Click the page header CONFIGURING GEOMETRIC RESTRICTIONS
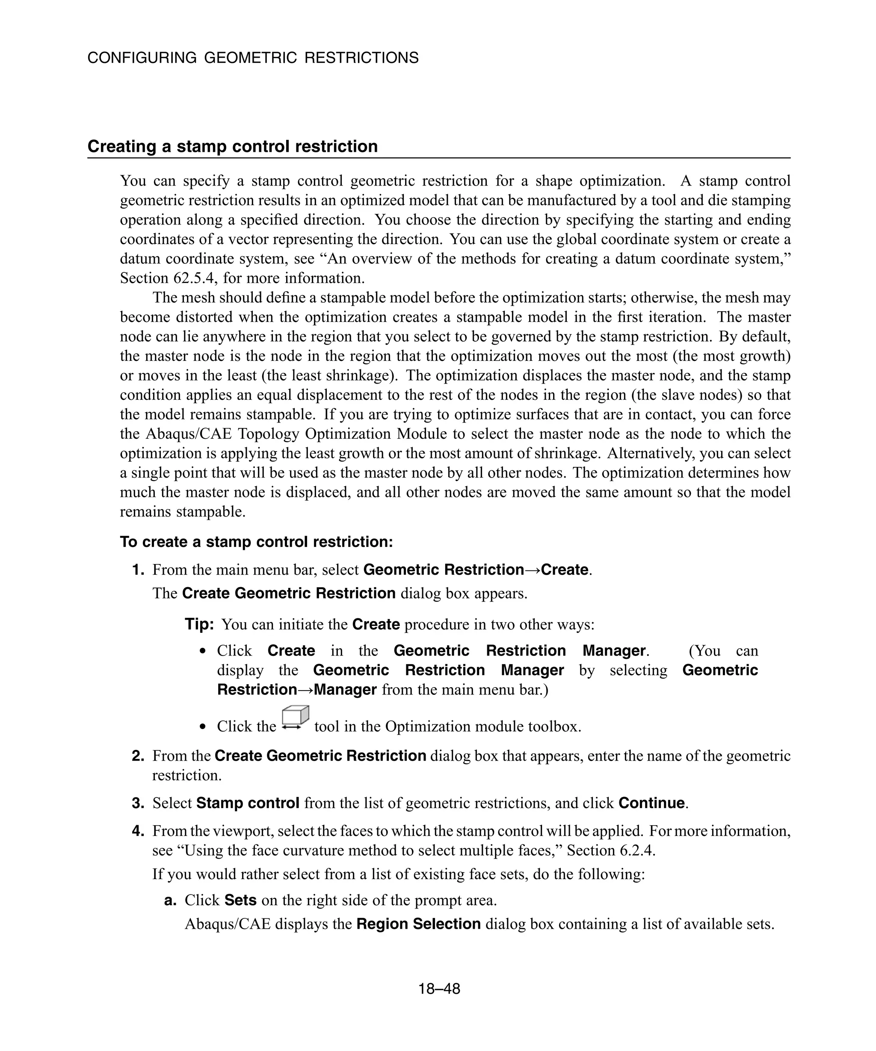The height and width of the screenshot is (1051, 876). pos(253,58)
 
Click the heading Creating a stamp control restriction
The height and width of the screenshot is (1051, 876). pos(232,147)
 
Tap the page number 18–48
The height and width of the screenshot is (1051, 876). pos(439,989)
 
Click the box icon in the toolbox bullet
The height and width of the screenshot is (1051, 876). pos(295,719)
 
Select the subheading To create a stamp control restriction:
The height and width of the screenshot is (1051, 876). pos(256,542)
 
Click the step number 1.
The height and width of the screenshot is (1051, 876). pos(138,570)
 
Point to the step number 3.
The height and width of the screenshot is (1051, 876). pos(138,803)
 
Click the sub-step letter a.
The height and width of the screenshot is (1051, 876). pos(170,900)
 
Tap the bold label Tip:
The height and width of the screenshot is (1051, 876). pos(199,625)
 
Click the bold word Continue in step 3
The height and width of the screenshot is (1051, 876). pos(651,803)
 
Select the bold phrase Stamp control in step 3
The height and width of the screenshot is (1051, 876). pos(248,803)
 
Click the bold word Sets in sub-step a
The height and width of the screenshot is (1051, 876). pos(240,900)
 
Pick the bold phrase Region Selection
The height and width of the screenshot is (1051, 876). pos(418,924)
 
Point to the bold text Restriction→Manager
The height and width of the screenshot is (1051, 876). pos(296,690)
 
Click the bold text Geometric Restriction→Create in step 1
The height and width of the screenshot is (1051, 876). pos(476,570)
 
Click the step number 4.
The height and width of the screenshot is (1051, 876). pos(138,831)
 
